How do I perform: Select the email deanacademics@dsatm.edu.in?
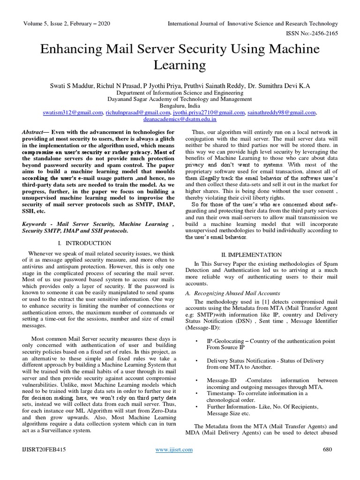[x=180, y=120]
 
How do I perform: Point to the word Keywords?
[x=36, y=225]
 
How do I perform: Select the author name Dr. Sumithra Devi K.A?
[x=283, y=86]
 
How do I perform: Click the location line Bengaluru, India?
[x=180, y=106]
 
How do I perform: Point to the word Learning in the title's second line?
[x=180, y=65]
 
